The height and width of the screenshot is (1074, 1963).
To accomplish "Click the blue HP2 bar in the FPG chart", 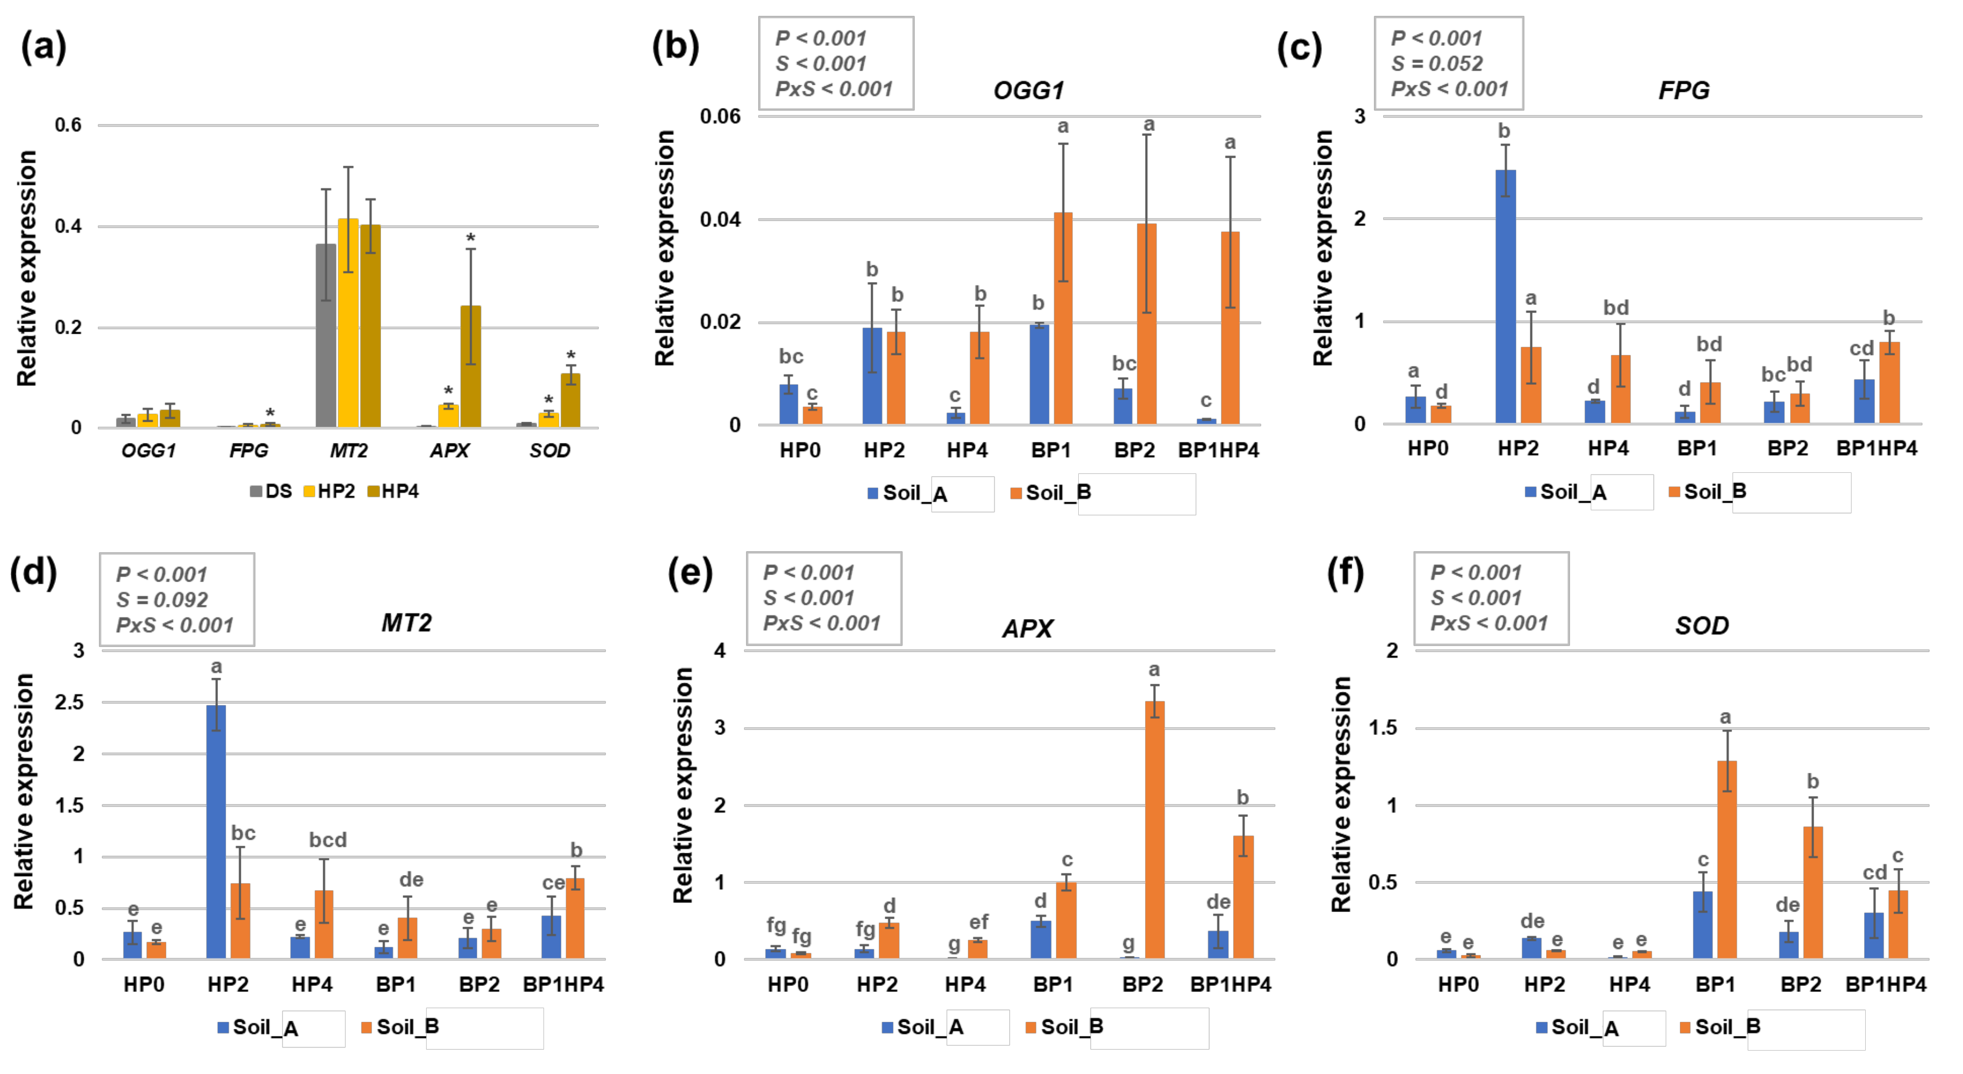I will tap(1505, 297).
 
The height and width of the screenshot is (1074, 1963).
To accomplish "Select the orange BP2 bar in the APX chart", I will tap(1154, 831).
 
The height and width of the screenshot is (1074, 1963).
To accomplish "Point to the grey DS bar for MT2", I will tap(326, 335).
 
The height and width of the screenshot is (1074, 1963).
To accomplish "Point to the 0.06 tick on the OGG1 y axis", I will tap(720, 117).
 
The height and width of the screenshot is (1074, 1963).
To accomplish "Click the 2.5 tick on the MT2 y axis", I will tap(70, 702).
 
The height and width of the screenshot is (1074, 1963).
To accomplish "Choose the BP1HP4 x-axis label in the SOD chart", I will tap(1885, 985).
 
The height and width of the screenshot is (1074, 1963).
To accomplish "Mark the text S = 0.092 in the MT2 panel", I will tap(161, 600).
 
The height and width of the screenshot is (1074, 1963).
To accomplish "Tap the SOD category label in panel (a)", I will tap(549, 451).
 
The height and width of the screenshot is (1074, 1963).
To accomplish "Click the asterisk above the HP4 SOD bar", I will tap(571, 356).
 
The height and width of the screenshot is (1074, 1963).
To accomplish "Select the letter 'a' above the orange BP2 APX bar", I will tap(1154, 670).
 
